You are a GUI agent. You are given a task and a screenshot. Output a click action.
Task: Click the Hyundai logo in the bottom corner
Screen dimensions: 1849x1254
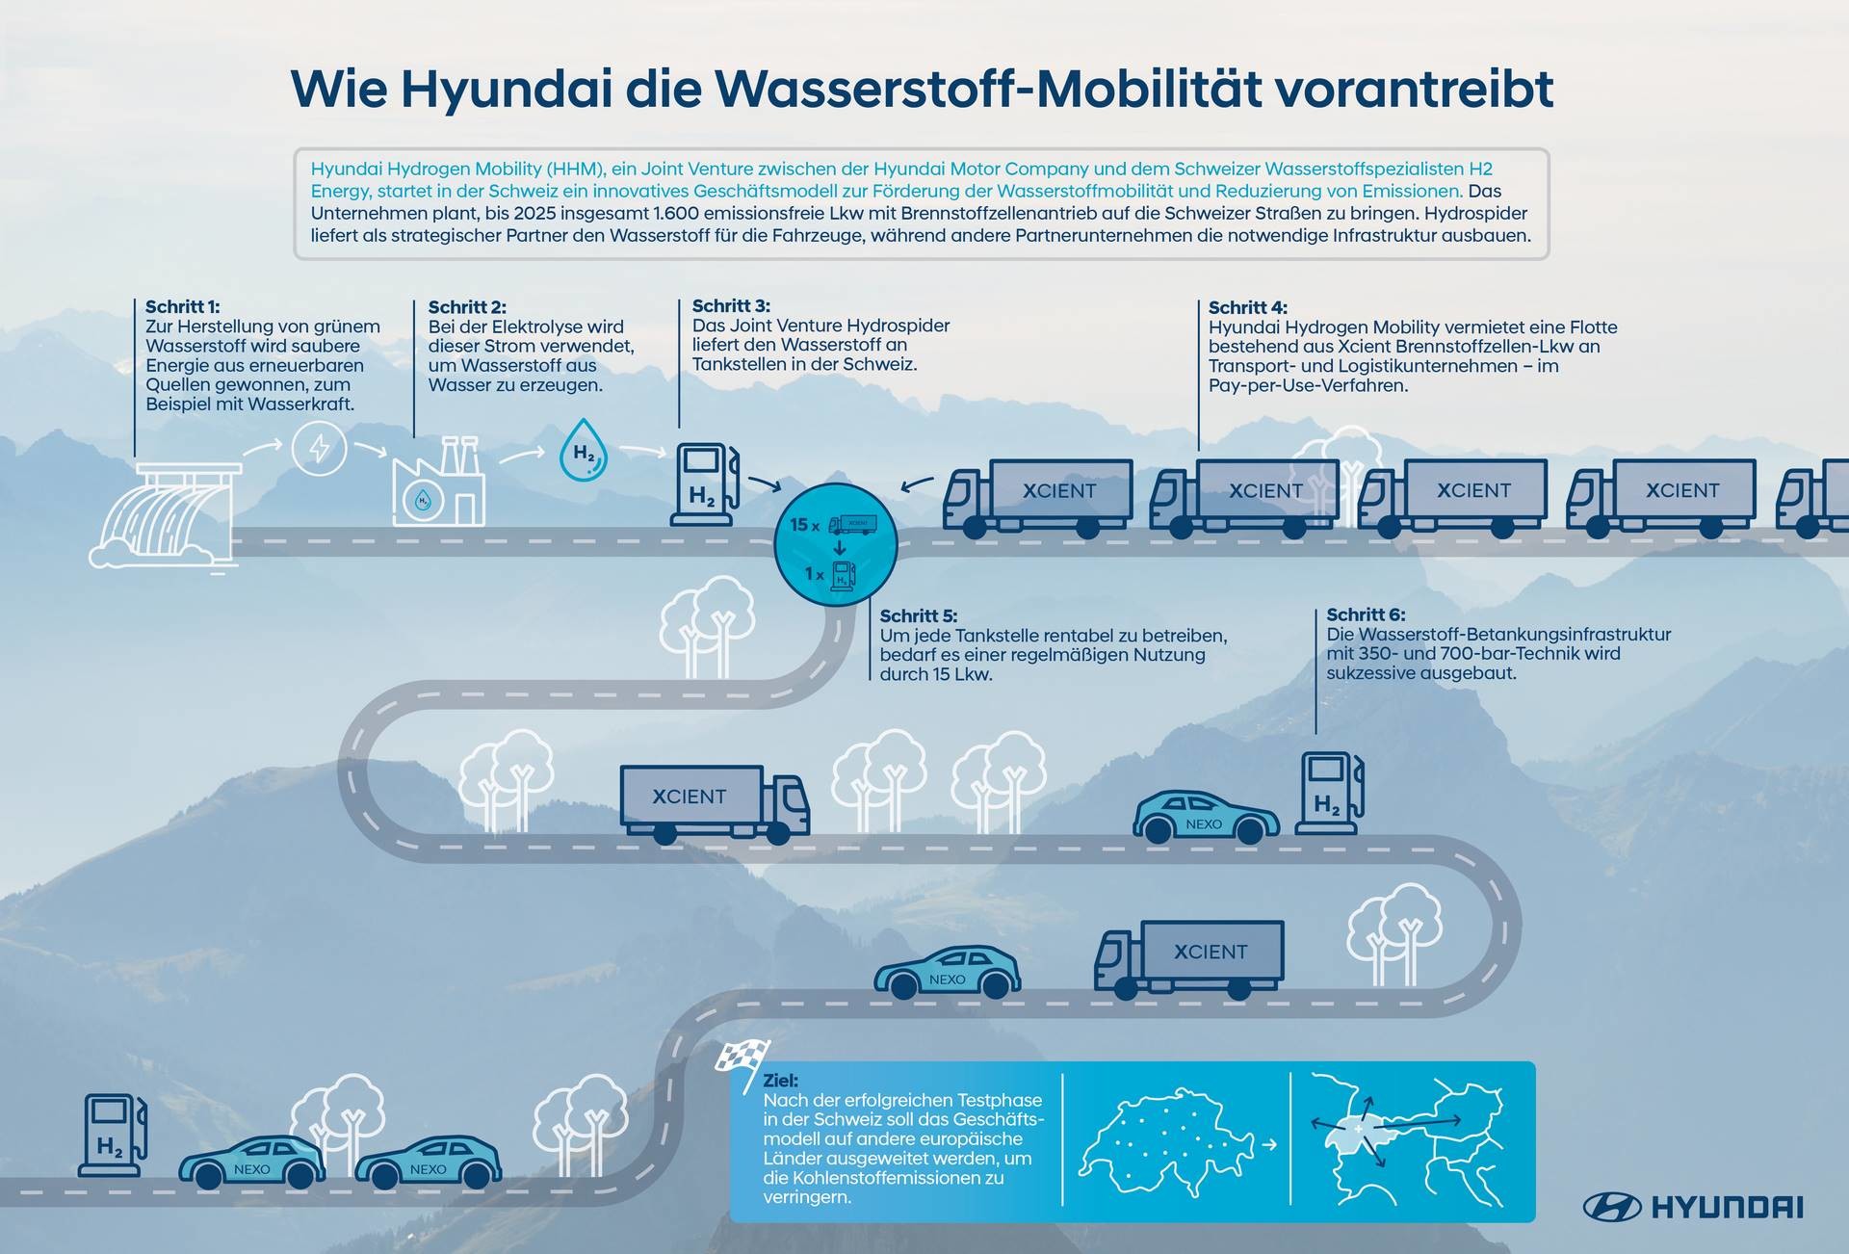tap(1693, 1207)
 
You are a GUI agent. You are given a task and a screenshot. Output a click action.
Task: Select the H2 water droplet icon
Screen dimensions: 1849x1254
tap(584, 449)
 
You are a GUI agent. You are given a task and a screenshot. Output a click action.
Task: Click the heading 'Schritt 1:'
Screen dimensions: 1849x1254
tap(182, 307)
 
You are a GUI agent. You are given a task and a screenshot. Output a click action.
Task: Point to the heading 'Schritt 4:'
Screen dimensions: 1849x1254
tap(1247, 308)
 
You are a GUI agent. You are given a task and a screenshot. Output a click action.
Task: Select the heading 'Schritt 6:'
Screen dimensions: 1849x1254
tap(1366, 614)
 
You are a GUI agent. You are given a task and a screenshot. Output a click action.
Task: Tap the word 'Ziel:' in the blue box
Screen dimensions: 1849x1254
tap(780, 1081)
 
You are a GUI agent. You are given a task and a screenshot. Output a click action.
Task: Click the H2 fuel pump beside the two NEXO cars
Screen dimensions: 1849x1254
tap(113, 1136)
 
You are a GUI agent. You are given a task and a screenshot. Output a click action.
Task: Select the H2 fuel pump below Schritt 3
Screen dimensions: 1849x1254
tap(704, 483)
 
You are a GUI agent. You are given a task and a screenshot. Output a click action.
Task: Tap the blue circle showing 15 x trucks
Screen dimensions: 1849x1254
tap(836, 545)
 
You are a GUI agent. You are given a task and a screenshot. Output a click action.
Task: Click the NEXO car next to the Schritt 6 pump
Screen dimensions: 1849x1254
tap(1206, 818)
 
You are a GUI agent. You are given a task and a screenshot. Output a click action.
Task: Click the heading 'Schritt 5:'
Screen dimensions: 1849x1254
tap(919, 615)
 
